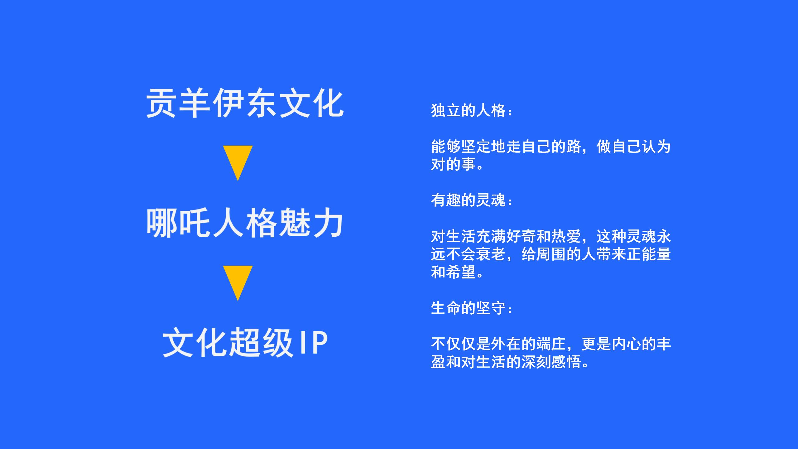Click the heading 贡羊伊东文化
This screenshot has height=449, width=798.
click(x=245, y=103)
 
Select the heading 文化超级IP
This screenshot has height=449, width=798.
click(x=245, y=342)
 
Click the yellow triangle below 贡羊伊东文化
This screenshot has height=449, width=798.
click(x=238, y=163)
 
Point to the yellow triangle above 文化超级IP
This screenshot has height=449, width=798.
click(x=238, y=283)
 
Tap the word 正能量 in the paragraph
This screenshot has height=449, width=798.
click(x=648, y=254)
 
